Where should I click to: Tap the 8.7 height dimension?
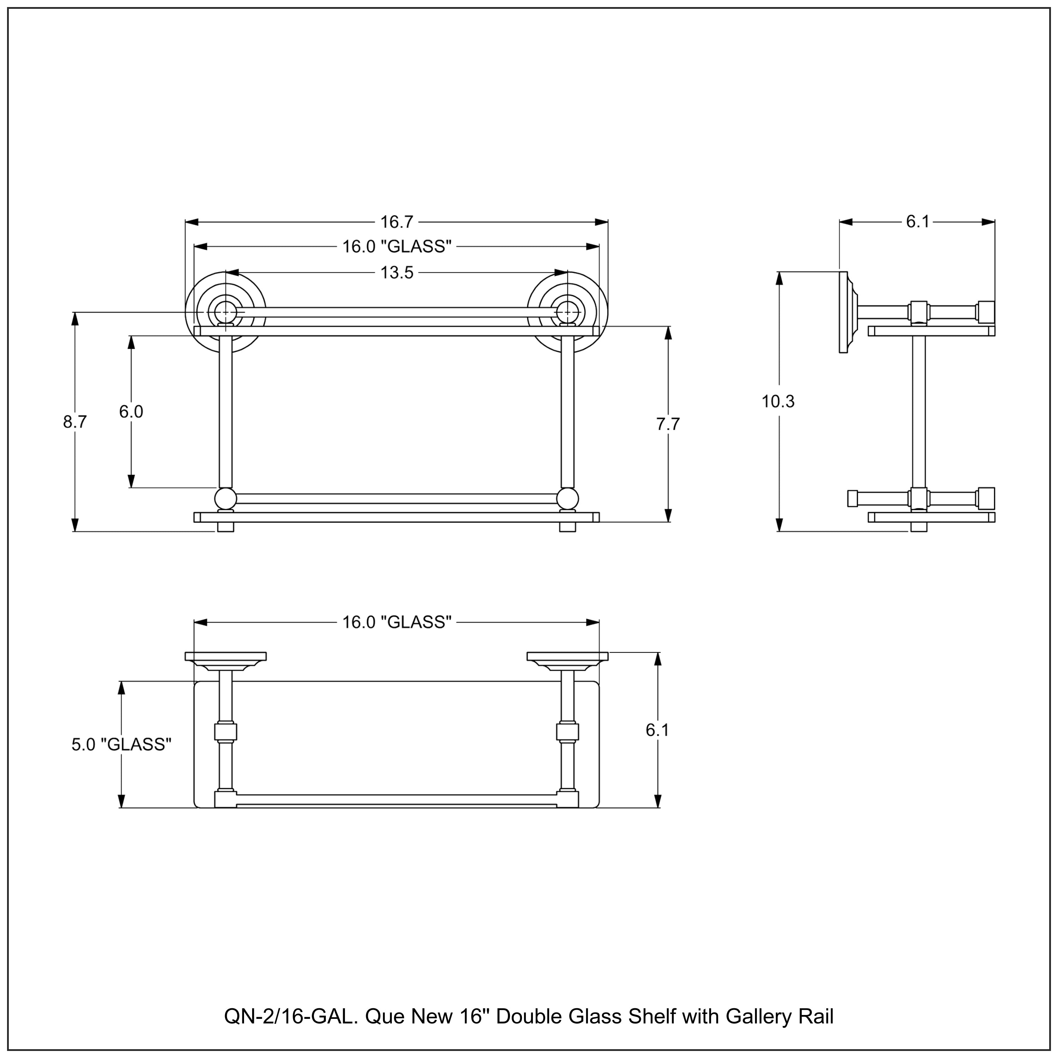[75, 422]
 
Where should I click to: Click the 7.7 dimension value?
[668, 424]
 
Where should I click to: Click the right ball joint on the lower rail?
[567, 499]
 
